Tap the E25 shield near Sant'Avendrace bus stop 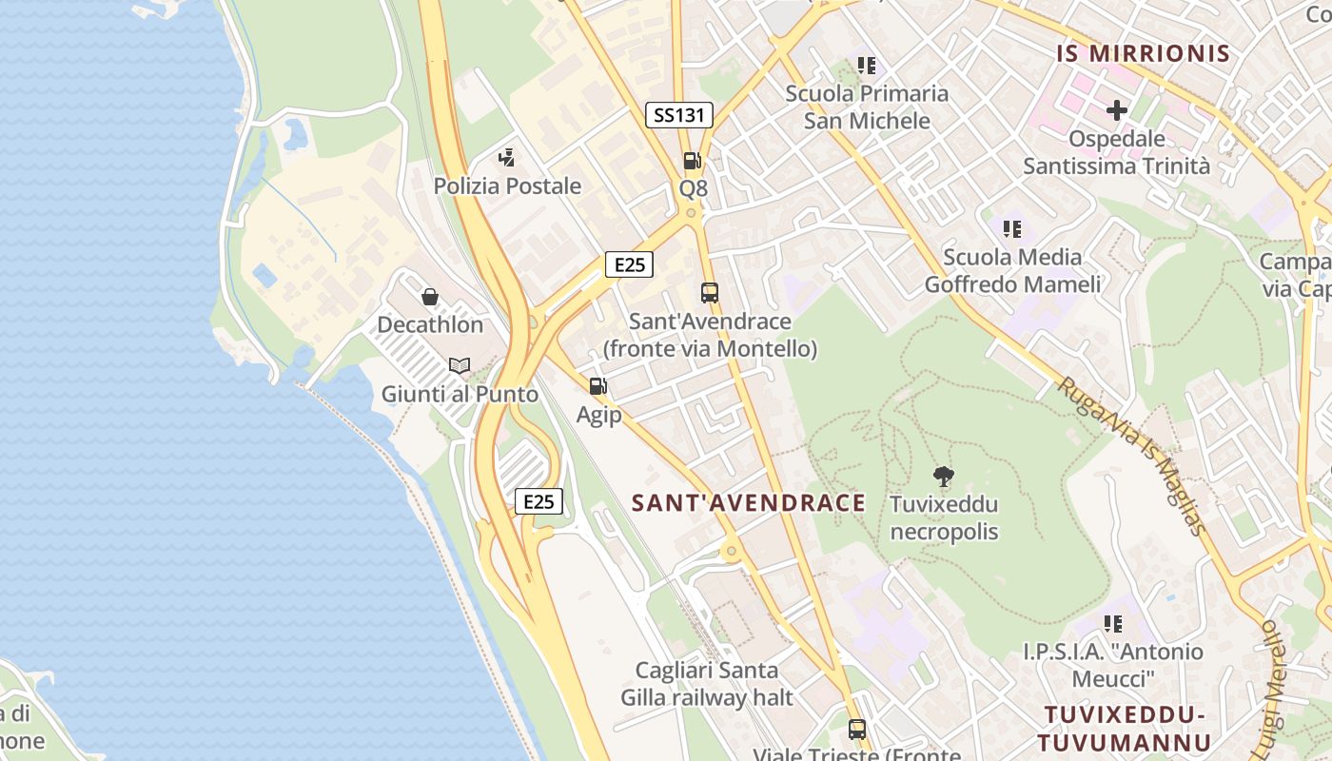click(629, 264)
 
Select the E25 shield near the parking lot click(539, 501)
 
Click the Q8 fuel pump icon click(693, 161)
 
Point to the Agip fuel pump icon click(597, 386)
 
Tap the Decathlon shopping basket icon click(430, 297)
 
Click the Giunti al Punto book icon click(460, 365)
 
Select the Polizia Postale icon click(507, 158)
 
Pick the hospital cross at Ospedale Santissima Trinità click(1116, 110)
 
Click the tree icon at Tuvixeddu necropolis click(943, 476)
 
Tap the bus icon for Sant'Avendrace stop click(709, 293)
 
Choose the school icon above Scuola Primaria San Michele click(866, 66)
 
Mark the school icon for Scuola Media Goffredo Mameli click(1012, 229)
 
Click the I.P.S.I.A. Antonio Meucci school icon click(1112, 624)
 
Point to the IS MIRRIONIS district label click(1144, 53)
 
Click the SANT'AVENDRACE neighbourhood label click(749, 503)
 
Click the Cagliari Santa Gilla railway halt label click(707, 684)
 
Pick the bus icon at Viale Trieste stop click(857, 730)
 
